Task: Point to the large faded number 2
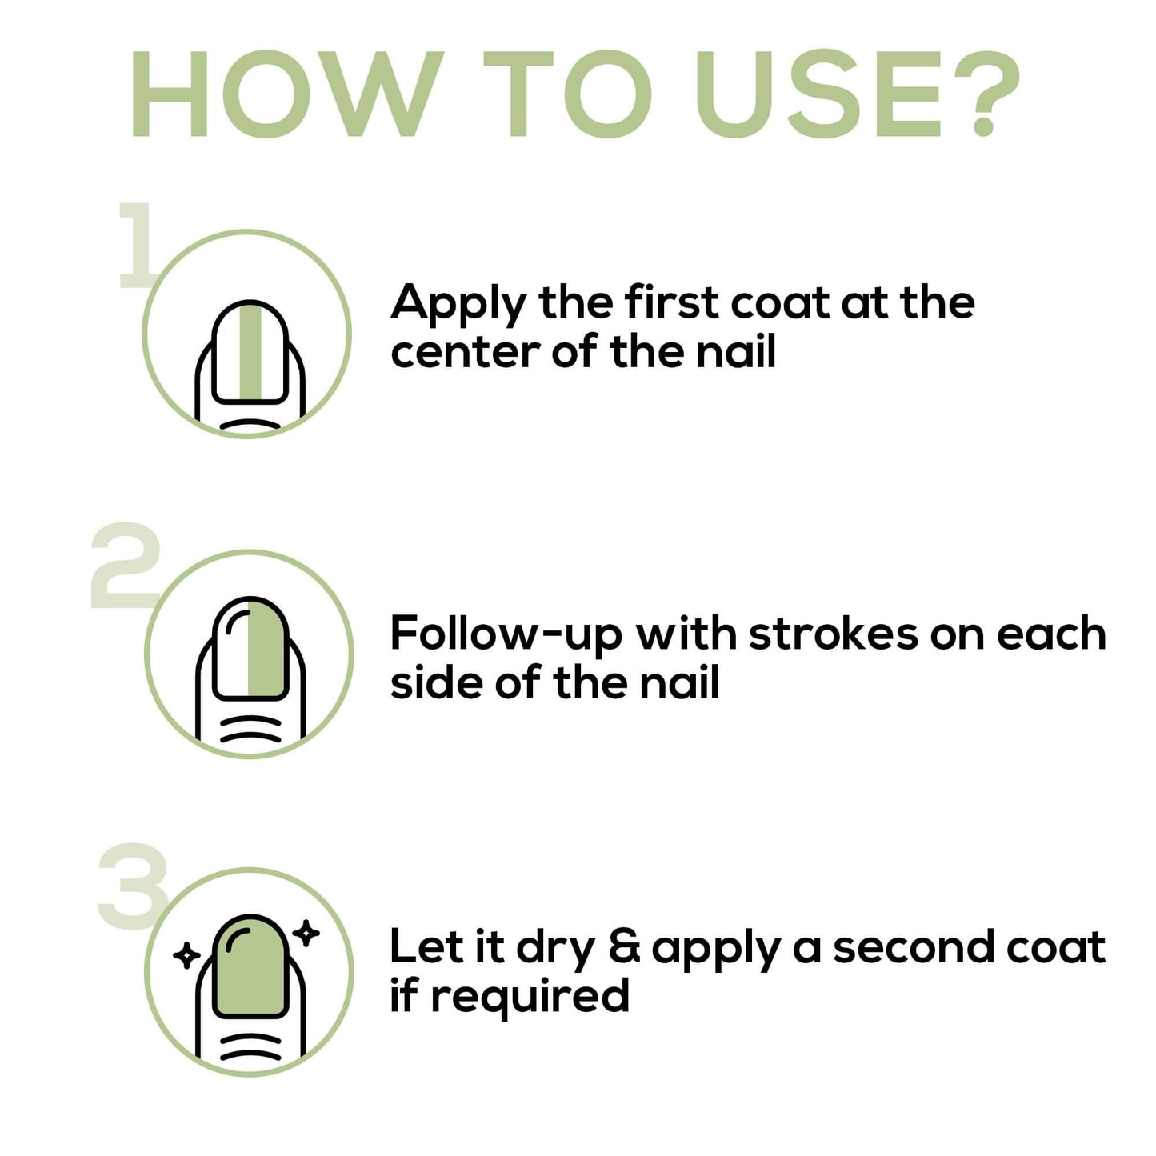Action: pyautogui.click(x=126, y=565)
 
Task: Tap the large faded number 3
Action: pyautogui.click(x=134, y=886)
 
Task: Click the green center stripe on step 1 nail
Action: pyautogui.click(x=250, y=351)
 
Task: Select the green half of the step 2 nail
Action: pyautogui.click(x=267, y=648)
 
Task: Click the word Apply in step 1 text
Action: pyautogui.click(x=458, y=306)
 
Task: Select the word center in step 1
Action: pyautogui.click(x=466, y=352)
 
